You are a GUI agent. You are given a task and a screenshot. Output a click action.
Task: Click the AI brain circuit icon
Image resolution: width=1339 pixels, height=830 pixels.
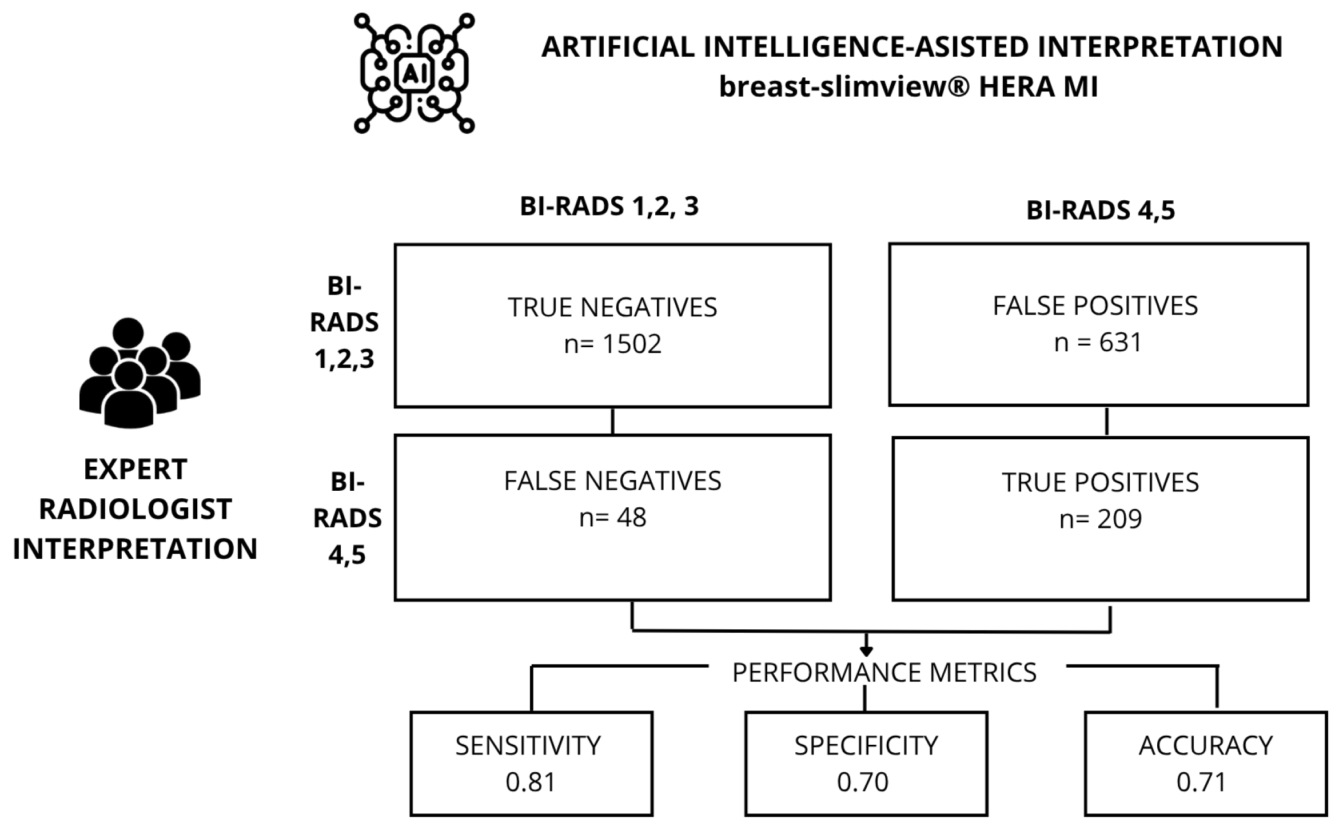414,73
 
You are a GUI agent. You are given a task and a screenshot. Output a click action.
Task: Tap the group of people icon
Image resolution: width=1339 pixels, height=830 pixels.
140,373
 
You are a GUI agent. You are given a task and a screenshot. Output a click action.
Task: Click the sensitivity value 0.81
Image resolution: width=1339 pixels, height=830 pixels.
531,782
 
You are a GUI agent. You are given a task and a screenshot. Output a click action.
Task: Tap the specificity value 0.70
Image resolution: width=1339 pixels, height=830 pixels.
863,782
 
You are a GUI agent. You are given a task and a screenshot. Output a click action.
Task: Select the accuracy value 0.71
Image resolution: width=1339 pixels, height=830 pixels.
1201,782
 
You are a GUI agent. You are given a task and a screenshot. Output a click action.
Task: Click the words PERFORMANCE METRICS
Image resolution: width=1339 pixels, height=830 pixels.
884,673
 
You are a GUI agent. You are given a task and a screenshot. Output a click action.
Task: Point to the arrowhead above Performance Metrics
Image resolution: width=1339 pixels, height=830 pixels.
866,651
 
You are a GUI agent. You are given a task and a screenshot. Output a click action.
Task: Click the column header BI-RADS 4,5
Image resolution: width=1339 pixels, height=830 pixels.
1101,211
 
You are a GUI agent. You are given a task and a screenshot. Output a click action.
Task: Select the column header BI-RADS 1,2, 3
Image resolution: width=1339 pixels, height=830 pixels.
609,206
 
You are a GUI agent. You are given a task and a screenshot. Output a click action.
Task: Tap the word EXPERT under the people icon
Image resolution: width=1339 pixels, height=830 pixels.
136,470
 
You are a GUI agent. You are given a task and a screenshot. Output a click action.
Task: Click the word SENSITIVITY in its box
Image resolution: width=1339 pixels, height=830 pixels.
528,746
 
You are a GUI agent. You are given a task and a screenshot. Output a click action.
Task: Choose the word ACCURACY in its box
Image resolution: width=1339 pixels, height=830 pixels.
1206,746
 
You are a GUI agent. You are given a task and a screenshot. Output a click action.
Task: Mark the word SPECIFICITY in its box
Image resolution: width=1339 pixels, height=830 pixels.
866,746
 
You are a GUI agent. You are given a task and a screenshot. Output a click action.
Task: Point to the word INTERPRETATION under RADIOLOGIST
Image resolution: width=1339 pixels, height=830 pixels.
136,549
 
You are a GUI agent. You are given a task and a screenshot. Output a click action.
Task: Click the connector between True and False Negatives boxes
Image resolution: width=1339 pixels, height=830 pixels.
613,421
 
